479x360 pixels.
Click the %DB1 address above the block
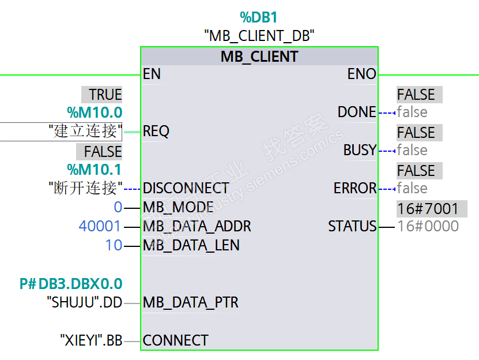258,17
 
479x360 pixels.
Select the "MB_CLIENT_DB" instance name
259,36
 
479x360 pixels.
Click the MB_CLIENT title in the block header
259,57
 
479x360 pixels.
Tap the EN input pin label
152,74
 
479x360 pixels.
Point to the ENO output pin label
361,74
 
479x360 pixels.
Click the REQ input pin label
156,131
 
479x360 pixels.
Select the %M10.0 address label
95,112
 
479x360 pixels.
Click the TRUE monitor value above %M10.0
105,95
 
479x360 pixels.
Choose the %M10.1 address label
95,170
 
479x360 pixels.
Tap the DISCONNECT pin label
186,188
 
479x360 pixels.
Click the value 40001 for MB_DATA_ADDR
100,226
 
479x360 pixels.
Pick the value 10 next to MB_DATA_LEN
114,245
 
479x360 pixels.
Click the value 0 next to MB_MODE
118,207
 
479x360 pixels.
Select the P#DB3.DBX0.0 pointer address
71,284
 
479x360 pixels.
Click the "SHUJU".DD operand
85,302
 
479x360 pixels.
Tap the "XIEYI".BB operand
91,340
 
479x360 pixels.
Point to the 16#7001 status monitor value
428,209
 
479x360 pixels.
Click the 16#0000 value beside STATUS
428,226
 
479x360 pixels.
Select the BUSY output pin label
360,150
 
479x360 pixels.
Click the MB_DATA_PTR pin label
191,302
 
